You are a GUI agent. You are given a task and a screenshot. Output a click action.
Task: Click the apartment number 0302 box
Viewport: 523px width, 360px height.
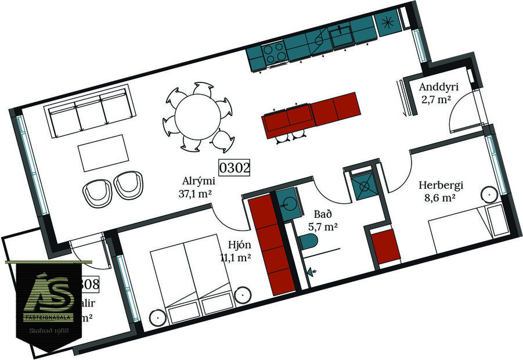click(235, 168)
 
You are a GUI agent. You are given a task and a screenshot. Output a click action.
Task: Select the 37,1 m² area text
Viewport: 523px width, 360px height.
click(196, 193)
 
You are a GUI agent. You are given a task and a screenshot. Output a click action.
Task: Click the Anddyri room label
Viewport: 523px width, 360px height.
click(439, 87)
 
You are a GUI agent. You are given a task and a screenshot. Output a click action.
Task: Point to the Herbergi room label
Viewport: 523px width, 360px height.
click(441, 186)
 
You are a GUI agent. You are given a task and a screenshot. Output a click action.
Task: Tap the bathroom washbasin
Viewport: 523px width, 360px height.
click(286, 201)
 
